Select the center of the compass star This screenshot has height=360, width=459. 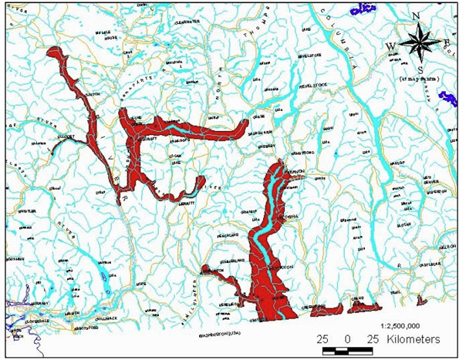pyautogui.click(x=417, y=45)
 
